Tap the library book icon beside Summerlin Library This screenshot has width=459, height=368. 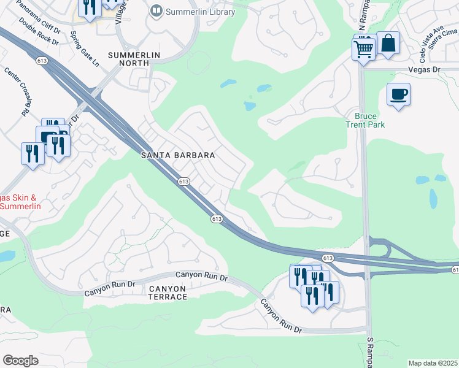coord(157,11)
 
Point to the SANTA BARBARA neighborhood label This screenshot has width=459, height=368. coord(178,156)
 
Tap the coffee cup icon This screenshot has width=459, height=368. coord(398,94)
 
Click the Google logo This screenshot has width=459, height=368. coord(20,360)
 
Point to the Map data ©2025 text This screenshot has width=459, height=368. coord(433,363)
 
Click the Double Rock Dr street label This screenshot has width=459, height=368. coord(38,31)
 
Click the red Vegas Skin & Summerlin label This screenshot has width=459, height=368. coord(18,202)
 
